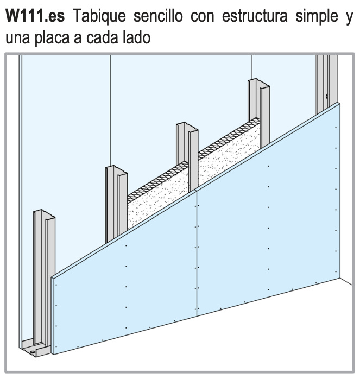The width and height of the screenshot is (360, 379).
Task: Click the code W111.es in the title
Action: coord(35,16)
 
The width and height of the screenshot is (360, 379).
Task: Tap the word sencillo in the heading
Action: coord(158,16)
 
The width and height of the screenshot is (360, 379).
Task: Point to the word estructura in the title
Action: coord(255,16)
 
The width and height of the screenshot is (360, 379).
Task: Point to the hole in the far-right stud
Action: coord(327,96)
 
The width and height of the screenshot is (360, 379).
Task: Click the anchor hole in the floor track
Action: coord(31,352)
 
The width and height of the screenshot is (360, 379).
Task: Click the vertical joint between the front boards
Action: coord(197,253)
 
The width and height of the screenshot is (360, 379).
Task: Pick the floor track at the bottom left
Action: coord(36,348)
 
